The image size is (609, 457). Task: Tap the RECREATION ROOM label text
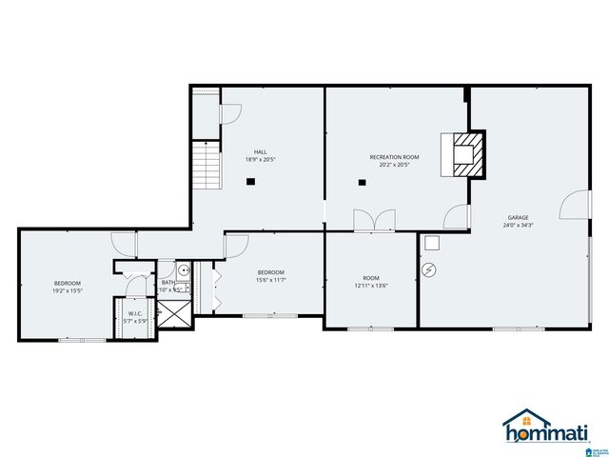coord(394,156)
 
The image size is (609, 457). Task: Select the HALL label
coord(260,151)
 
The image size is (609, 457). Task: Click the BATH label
coord(167,282)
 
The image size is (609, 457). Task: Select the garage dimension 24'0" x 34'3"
coord(519,226)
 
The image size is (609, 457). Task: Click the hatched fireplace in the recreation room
coord(465,154)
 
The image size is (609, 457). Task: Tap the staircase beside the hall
coord(206,165)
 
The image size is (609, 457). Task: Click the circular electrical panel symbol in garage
coord(429,269)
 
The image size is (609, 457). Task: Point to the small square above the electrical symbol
coord(431,242)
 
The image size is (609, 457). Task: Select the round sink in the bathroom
coord(184,269)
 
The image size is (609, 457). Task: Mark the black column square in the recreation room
coord(362,181)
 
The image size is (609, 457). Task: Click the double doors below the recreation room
coord(374,220)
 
